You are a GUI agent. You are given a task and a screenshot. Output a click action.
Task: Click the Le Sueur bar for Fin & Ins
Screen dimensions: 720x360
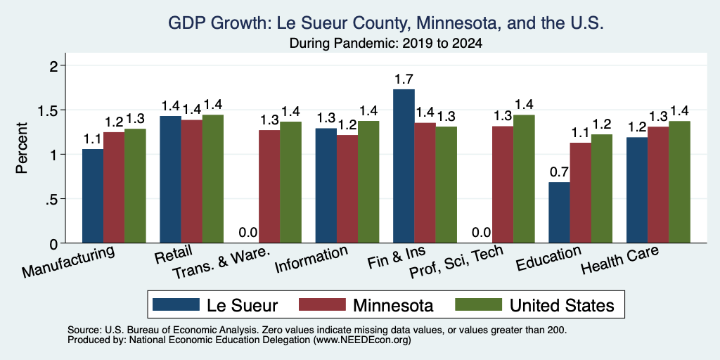click(404, 166)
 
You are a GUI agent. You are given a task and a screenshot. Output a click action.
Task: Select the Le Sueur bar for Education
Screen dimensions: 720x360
click(559, 212)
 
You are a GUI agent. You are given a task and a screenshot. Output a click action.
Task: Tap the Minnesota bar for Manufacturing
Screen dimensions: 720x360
click(114, 187)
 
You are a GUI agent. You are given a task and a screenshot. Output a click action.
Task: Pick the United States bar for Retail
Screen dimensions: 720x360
click(213, 179)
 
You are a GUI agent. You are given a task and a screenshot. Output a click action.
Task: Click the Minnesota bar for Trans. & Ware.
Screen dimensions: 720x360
click(269, 186)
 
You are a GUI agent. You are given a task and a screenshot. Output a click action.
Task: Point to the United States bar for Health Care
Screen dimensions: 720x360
click(680, 182)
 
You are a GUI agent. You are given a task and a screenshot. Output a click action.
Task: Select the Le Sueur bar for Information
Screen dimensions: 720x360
click(326, 186)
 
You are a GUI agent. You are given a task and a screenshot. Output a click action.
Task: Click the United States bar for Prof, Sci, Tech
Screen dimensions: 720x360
click(524, 179)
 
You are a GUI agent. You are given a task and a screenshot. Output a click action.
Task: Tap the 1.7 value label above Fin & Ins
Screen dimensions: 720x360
click(404, 79)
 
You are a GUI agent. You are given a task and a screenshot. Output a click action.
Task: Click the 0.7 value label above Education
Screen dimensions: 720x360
click(559, 172)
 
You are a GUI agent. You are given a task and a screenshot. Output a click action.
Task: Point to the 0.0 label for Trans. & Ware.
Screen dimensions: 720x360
click(248, 233)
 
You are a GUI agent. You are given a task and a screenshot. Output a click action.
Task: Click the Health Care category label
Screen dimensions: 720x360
click(620, 259)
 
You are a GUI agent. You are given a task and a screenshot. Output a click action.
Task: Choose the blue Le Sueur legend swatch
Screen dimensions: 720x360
click(176, 304)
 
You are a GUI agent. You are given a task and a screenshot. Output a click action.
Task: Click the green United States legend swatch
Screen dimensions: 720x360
click(478, 304)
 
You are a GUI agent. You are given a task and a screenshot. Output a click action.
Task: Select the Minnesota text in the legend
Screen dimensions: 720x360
click(392, 305)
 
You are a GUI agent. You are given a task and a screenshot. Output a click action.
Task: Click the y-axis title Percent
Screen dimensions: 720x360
click(22, 148)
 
